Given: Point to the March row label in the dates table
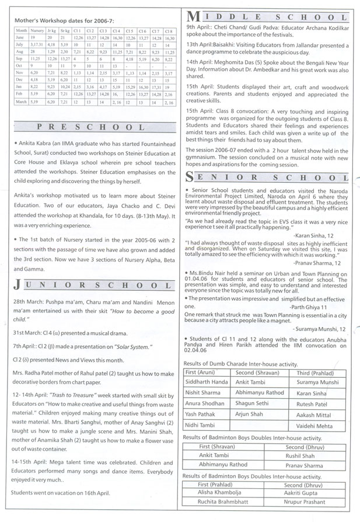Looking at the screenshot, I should tap(21, 102).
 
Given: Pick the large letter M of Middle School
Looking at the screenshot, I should tap(193, 14).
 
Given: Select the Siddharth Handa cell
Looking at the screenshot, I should tap(207, 381).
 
